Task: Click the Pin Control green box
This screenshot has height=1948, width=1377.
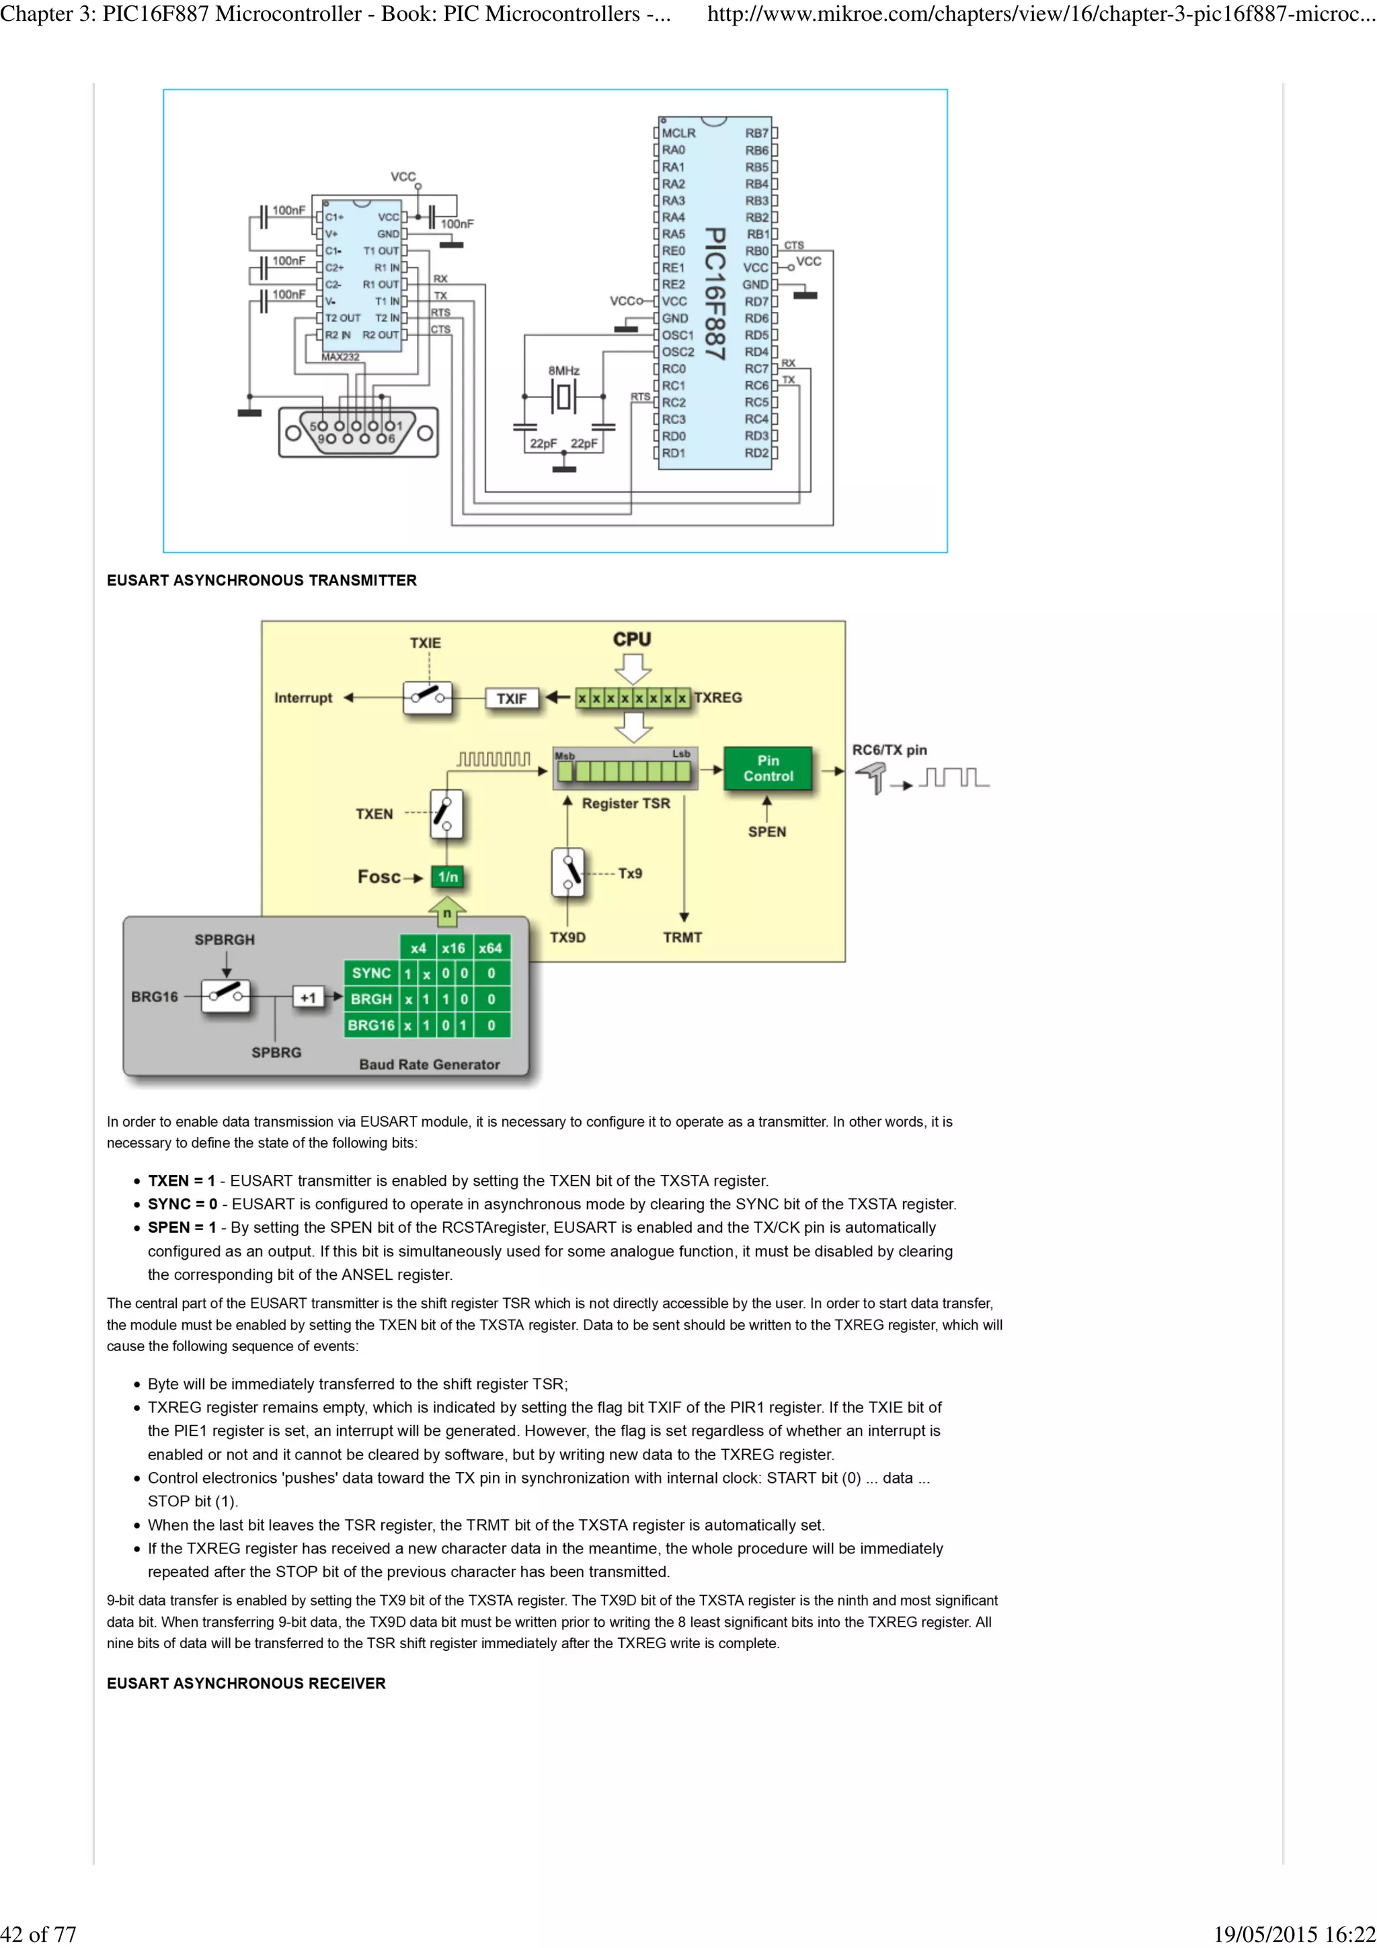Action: pyautogui.click(x=768, y=769)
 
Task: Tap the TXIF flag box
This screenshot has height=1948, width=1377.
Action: pyautogui.click(x=511, y=698)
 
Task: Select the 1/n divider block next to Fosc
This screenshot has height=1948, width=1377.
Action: pyautogui.click(x=448, y=877)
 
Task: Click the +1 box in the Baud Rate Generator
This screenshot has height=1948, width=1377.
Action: pyautogui.click(x=308, y=998)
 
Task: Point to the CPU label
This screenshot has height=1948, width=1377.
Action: pyautogui.click(x=632, y=640)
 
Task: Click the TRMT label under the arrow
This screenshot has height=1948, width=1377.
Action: pyautogui.click(x=682, y=938)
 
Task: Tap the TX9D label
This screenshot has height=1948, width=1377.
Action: pyautogui.click(x=567, y=938)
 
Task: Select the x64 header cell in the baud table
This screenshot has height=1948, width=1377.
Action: pyautogui.click(x=489, y=948)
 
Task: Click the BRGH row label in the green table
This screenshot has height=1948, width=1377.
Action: pyautogui.click(x=370, y=999)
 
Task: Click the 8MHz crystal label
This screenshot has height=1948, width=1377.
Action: pyautogui.click(x=563, y=371)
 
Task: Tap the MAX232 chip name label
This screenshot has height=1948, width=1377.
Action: pyautogui.click(x=340, y=357)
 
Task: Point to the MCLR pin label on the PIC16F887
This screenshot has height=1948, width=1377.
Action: pyautogui.click(x=678, y=133)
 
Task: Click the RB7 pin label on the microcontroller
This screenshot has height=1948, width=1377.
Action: pyautogui.click(x=756, y=133)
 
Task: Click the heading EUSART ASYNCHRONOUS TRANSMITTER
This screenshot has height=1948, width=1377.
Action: pyautogui.click(x=262, y=580)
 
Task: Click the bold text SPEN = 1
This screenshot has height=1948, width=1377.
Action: pyautogui.click(x=182, y=1227)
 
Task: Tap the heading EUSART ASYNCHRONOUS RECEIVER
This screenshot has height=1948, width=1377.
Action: pyautogui.click(x=246, y=1683)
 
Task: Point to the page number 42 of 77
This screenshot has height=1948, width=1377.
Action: pyautogui.click(x=38, y=1934)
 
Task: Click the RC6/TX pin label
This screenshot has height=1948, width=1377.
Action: pyautogui.click(x=889, y=750)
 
